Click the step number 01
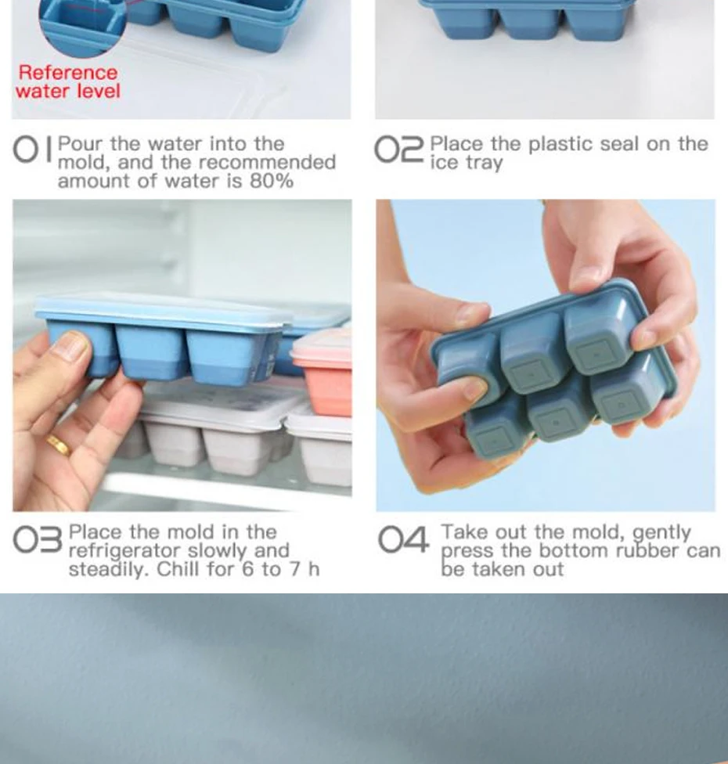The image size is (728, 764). point(33,149)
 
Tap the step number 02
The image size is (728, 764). point(399,149)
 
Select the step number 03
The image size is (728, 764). point(38,540)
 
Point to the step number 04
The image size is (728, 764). point(403,539)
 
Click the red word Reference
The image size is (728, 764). point(68,73)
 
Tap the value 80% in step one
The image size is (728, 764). point(272,182)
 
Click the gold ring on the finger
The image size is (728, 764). point(59,445)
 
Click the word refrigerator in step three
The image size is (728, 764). point(124,551)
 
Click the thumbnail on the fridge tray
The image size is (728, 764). point(72,347)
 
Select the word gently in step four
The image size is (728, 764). point(661,533)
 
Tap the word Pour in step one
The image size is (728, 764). point(80,144)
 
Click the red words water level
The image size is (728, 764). point(68,91)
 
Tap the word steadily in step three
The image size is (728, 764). point(108,570)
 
